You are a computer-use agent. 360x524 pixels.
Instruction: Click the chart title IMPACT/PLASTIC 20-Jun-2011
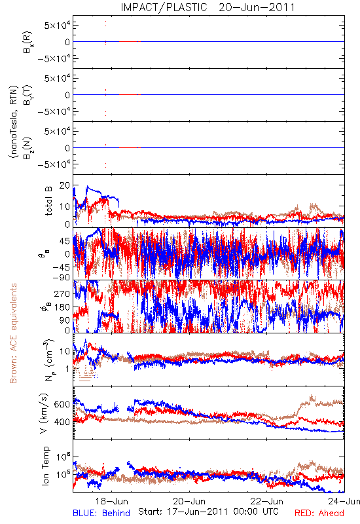[x=207, y=7]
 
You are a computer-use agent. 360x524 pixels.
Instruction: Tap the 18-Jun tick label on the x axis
[x=111, y=501]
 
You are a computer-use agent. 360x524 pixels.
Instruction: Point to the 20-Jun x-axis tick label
[x=189, y=501]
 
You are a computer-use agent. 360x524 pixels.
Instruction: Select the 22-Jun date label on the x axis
[x=267, y=501]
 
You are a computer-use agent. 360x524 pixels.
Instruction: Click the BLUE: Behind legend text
[x=101, y=513]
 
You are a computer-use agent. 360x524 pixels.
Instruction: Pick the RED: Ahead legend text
[x=319, y=513]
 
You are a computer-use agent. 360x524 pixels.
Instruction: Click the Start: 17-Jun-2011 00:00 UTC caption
[x=208, y=512]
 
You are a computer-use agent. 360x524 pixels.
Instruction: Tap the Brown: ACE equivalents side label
[x=13, y=333]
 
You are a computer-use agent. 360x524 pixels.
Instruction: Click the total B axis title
[x=48, y=201]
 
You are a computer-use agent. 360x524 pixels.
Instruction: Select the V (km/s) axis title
[x=44, y=413]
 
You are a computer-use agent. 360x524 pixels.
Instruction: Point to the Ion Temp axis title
[x=45, y=466]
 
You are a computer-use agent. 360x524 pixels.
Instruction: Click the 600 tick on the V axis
[x=62, y=404]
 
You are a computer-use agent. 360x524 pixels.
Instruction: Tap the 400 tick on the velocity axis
[x=62, y=422]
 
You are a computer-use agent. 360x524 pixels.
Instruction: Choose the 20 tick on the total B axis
[x=65, y=185]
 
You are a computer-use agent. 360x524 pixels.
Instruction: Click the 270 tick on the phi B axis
[x=62, y=293]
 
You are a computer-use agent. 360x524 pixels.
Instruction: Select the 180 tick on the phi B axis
[x=62, y=307]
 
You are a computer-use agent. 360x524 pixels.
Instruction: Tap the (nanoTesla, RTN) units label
[x=14, y=121]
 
